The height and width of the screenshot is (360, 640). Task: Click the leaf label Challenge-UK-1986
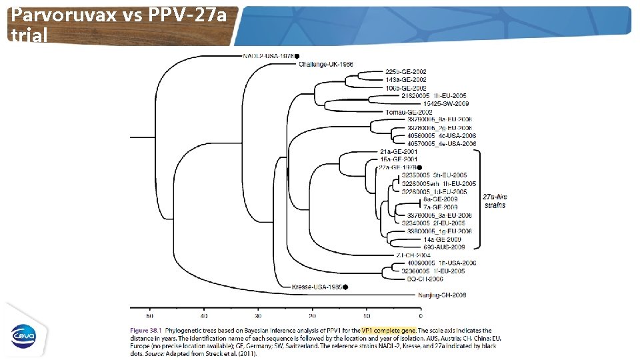coord(326,64)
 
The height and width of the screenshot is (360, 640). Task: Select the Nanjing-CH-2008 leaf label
coord(442,294)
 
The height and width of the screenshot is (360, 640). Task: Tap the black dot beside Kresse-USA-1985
coord(345,287)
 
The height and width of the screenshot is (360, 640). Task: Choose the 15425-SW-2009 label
coord(445,104)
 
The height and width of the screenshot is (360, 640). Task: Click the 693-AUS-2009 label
coord(444,247)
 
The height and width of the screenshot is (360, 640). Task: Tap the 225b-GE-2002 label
coord(406,72)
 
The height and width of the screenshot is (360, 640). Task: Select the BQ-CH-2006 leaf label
coord(425,279)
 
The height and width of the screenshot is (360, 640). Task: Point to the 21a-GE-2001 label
coord(399,152)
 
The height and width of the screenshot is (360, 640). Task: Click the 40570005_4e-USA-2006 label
coord(442,143)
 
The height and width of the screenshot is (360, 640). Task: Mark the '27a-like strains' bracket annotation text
coord(494,201)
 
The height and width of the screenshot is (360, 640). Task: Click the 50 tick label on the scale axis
coord(150,315)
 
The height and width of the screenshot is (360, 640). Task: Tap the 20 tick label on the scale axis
coord(312,315)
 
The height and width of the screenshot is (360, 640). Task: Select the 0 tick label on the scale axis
coord(420,315)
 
